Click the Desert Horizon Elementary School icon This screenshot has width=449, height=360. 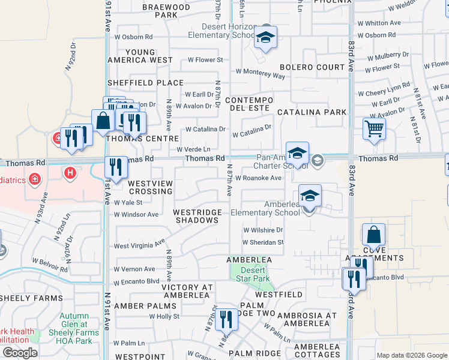pos(264,38)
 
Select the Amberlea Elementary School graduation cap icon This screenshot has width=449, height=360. pos(310,196)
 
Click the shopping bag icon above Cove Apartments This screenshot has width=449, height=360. pos(373,235)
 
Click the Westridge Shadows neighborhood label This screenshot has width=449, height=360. pos(196,216)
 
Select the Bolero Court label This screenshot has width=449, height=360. pos(312,67)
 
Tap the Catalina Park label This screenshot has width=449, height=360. pos(312,112)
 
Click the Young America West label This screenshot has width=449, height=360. pos(140,56)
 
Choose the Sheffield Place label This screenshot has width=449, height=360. pos(145,83)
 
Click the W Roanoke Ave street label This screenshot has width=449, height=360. pos(258,178)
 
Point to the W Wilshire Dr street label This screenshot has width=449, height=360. pos(262,230)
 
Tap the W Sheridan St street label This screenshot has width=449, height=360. pos(262,242)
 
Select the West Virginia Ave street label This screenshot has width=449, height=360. pos(139,245)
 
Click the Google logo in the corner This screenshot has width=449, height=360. pos(19,353)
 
